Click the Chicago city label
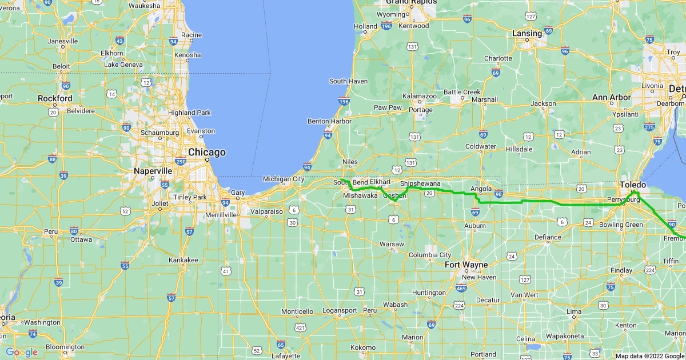point(207,153)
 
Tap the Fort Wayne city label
point(467,265)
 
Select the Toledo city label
point(633,185)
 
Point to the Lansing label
point(527,34)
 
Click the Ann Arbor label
point(611,98)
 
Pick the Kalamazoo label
point(420,97)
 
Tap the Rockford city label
point(55,98)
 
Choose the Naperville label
point(153,171)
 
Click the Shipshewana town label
point(420,183)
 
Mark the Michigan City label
point(283,179)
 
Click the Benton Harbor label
point(329,121)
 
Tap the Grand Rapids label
point(409,2)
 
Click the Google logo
point(22,352)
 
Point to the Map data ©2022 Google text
point(649,356)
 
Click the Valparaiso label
point(266,211)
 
